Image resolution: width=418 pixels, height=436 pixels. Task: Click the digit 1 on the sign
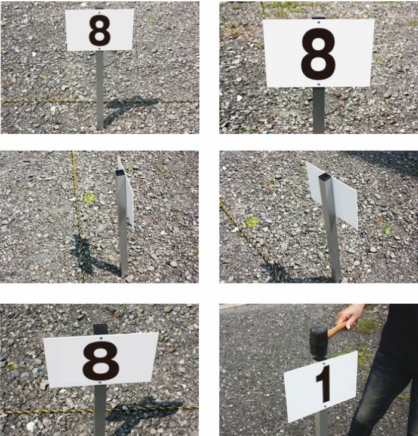point(324,384)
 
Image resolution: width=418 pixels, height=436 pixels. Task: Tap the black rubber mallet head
point(319,342)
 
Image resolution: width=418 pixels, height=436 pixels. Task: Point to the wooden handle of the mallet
point(337,329)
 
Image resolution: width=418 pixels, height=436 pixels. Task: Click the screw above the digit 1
point(324,363)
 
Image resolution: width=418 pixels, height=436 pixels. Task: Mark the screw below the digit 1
point(325,407)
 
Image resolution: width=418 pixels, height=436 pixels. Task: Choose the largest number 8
point(318,54)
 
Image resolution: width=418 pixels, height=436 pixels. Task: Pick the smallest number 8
point(100,31)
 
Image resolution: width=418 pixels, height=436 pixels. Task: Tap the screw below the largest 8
point(319,84)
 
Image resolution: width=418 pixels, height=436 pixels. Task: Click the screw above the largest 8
point(318,23)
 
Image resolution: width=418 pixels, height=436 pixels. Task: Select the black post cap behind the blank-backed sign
point(325,177)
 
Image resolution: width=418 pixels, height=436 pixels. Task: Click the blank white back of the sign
point(331,194)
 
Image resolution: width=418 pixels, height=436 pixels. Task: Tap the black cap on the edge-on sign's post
point(120,173)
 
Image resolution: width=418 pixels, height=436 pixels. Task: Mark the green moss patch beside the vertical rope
point(89,198)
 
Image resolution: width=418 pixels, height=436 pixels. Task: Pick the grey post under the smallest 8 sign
point(100,90)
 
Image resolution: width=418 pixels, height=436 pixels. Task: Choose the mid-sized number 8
point(101,361)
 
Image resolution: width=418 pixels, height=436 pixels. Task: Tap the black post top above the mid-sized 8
point(100,329)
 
